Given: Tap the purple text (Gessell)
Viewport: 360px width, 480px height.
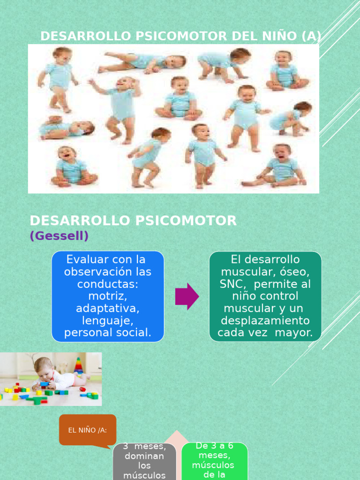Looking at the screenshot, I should click(59, 236).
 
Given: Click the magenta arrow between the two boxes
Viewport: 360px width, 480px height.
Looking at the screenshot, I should click(187, 296).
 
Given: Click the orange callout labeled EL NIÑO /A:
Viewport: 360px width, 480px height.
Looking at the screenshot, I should click(88, 430).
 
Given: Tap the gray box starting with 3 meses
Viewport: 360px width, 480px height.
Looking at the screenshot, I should click(144, 462).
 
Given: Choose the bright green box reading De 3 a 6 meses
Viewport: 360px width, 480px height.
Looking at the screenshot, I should click(214, 461).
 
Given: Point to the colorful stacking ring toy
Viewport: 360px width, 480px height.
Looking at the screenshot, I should click(79, 366).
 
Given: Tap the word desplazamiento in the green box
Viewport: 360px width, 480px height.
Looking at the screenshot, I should click(265, 321).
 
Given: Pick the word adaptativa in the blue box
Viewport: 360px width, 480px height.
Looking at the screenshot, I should click(108, 308).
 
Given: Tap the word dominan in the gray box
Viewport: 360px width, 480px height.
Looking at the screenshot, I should click(144, 456).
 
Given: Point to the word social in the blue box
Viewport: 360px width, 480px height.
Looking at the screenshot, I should click(134, 333).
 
